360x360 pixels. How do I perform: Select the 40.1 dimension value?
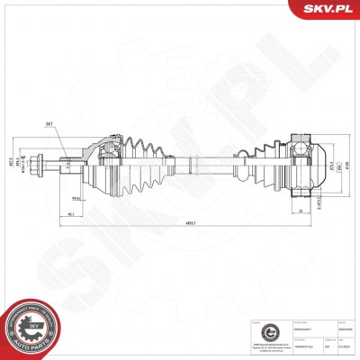coord(69,214)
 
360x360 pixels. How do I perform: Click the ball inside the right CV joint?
coord(298,149)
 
